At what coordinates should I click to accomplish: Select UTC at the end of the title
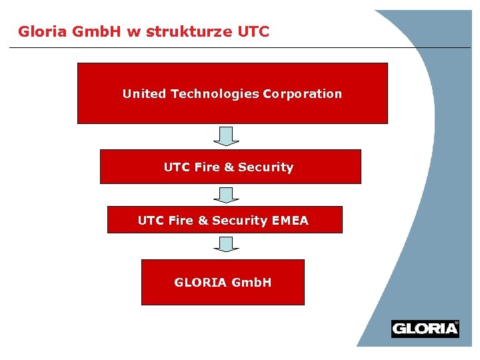253,31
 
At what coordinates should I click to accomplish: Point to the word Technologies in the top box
215,94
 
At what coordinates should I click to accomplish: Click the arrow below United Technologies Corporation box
227,136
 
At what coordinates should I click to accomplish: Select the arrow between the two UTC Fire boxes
227,195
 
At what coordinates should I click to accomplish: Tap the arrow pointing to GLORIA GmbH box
227,245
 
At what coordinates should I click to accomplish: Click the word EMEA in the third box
290,221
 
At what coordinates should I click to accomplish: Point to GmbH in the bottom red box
251,283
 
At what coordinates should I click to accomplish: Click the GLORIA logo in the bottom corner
425,329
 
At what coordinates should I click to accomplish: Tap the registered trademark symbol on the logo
456,323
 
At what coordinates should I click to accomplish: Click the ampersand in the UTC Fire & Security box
229,167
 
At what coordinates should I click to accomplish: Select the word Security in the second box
265,167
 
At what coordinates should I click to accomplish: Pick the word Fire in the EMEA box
180,221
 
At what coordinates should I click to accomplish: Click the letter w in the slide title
132,32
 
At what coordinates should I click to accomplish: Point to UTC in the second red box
177,167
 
